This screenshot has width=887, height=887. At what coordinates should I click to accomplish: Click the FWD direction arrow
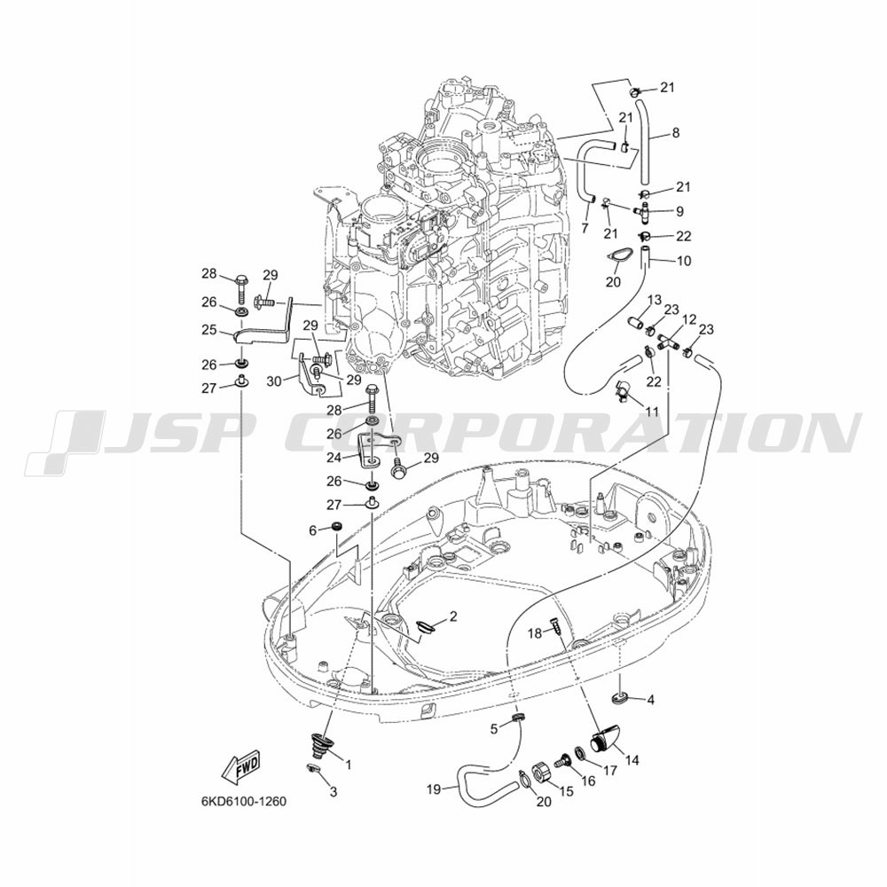(241, 766)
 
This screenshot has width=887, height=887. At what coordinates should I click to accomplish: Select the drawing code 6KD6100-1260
(244, 801)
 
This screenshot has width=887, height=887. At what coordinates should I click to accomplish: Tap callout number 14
(632, 761)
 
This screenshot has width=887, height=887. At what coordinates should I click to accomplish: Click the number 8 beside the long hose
(675, 133)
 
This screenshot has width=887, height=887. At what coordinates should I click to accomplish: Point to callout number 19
(434, 789)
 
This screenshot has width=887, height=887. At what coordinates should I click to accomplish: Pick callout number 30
(274, 381)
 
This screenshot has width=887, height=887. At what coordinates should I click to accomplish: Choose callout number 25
(209, 329)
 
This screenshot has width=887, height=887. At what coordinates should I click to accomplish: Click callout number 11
(652, 412)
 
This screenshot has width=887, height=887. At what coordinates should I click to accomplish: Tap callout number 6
(312, 530)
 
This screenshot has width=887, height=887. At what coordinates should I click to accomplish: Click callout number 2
(453, 616)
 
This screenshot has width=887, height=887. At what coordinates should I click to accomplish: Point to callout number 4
(650, 700)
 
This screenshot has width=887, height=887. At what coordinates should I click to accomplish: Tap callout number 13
(655, 300)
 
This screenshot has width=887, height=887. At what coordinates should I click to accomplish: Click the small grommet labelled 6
(336, 527)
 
